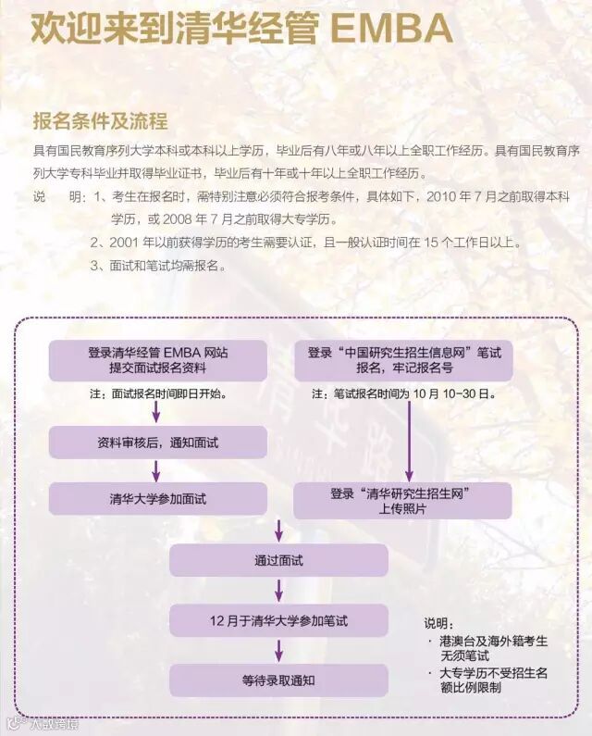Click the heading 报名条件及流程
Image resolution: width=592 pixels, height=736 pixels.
tap(100, 121)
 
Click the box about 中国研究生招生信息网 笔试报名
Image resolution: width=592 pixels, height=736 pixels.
tap(403, 360)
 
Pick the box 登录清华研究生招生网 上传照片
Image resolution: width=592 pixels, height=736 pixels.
tap(402, 502)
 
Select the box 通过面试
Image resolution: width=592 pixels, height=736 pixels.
tap(278, 560)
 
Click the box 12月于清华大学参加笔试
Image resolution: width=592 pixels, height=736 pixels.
tap(278, 619)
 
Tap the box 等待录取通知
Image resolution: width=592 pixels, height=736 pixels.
tap(278, 680)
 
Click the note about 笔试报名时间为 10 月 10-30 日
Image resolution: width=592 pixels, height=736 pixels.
tap(404, 393)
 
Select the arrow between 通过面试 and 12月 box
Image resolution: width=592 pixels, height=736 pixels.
tap(278, 590)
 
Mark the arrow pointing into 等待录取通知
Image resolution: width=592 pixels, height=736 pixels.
tap(278, 650)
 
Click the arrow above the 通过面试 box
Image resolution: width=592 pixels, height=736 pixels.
tap(278, 530)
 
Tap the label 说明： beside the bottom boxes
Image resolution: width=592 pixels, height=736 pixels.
tap(441, 622)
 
